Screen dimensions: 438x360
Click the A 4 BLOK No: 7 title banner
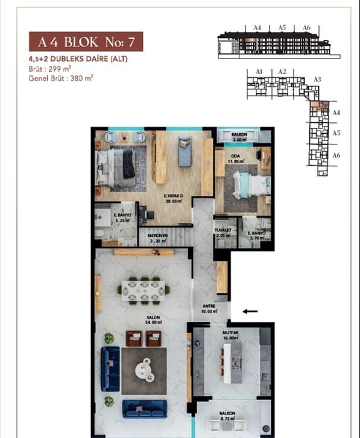(x=86, y=42)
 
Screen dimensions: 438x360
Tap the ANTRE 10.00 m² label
(x=209, y=308)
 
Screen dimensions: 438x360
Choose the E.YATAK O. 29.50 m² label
(x=174, y=199)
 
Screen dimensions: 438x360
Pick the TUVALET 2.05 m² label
(x=224, y=233)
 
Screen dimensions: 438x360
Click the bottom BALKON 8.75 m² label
(x=227, y=416)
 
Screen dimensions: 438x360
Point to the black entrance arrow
(x=250, y=311)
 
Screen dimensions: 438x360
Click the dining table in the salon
(x=144, y=290)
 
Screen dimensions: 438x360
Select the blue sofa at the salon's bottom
(x=145, y=408)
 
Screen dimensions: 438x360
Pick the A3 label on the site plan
(x=317, y=79)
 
